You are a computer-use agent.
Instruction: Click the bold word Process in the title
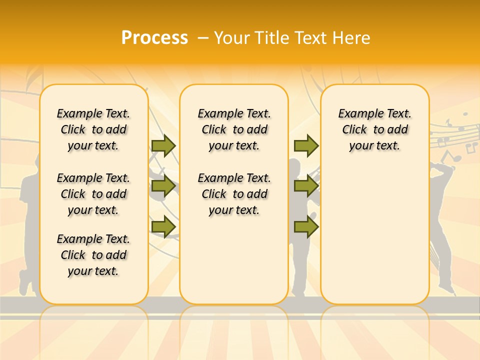(154, 38)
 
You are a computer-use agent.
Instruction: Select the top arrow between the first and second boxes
(163, 145)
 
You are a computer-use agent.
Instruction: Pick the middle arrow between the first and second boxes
(163, 186)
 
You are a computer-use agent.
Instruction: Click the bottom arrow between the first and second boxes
(163, 226)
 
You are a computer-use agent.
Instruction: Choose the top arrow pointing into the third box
(306, 145)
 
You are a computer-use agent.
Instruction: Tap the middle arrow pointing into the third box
(306, 186)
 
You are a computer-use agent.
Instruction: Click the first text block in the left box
(93, 129)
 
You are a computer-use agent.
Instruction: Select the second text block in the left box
(93, 194)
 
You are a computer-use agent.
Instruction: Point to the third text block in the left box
(93, 255)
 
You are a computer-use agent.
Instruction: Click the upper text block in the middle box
(234, 129)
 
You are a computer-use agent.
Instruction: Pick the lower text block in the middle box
(234, 194)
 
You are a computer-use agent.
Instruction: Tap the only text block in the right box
(374, 129)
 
